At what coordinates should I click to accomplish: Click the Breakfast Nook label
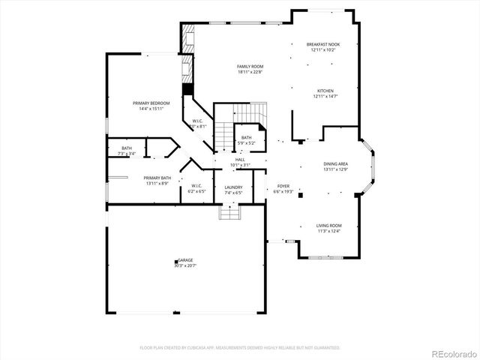324,45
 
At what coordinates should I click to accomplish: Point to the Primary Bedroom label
151,103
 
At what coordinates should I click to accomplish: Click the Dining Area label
335,163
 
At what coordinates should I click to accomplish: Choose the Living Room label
328,226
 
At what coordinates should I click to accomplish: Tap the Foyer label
283,186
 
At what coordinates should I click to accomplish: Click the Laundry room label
233,187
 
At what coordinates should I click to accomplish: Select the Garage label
184,260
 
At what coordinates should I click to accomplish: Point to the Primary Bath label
157,178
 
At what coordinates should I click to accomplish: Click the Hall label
240,160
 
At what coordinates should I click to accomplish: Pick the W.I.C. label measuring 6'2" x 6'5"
196,186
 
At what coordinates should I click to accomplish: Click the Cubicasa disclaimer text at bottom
240,348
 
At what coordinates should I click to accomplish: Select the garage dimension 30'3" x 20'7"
184,265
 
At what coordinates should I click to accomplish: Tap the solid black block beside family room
187,88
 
